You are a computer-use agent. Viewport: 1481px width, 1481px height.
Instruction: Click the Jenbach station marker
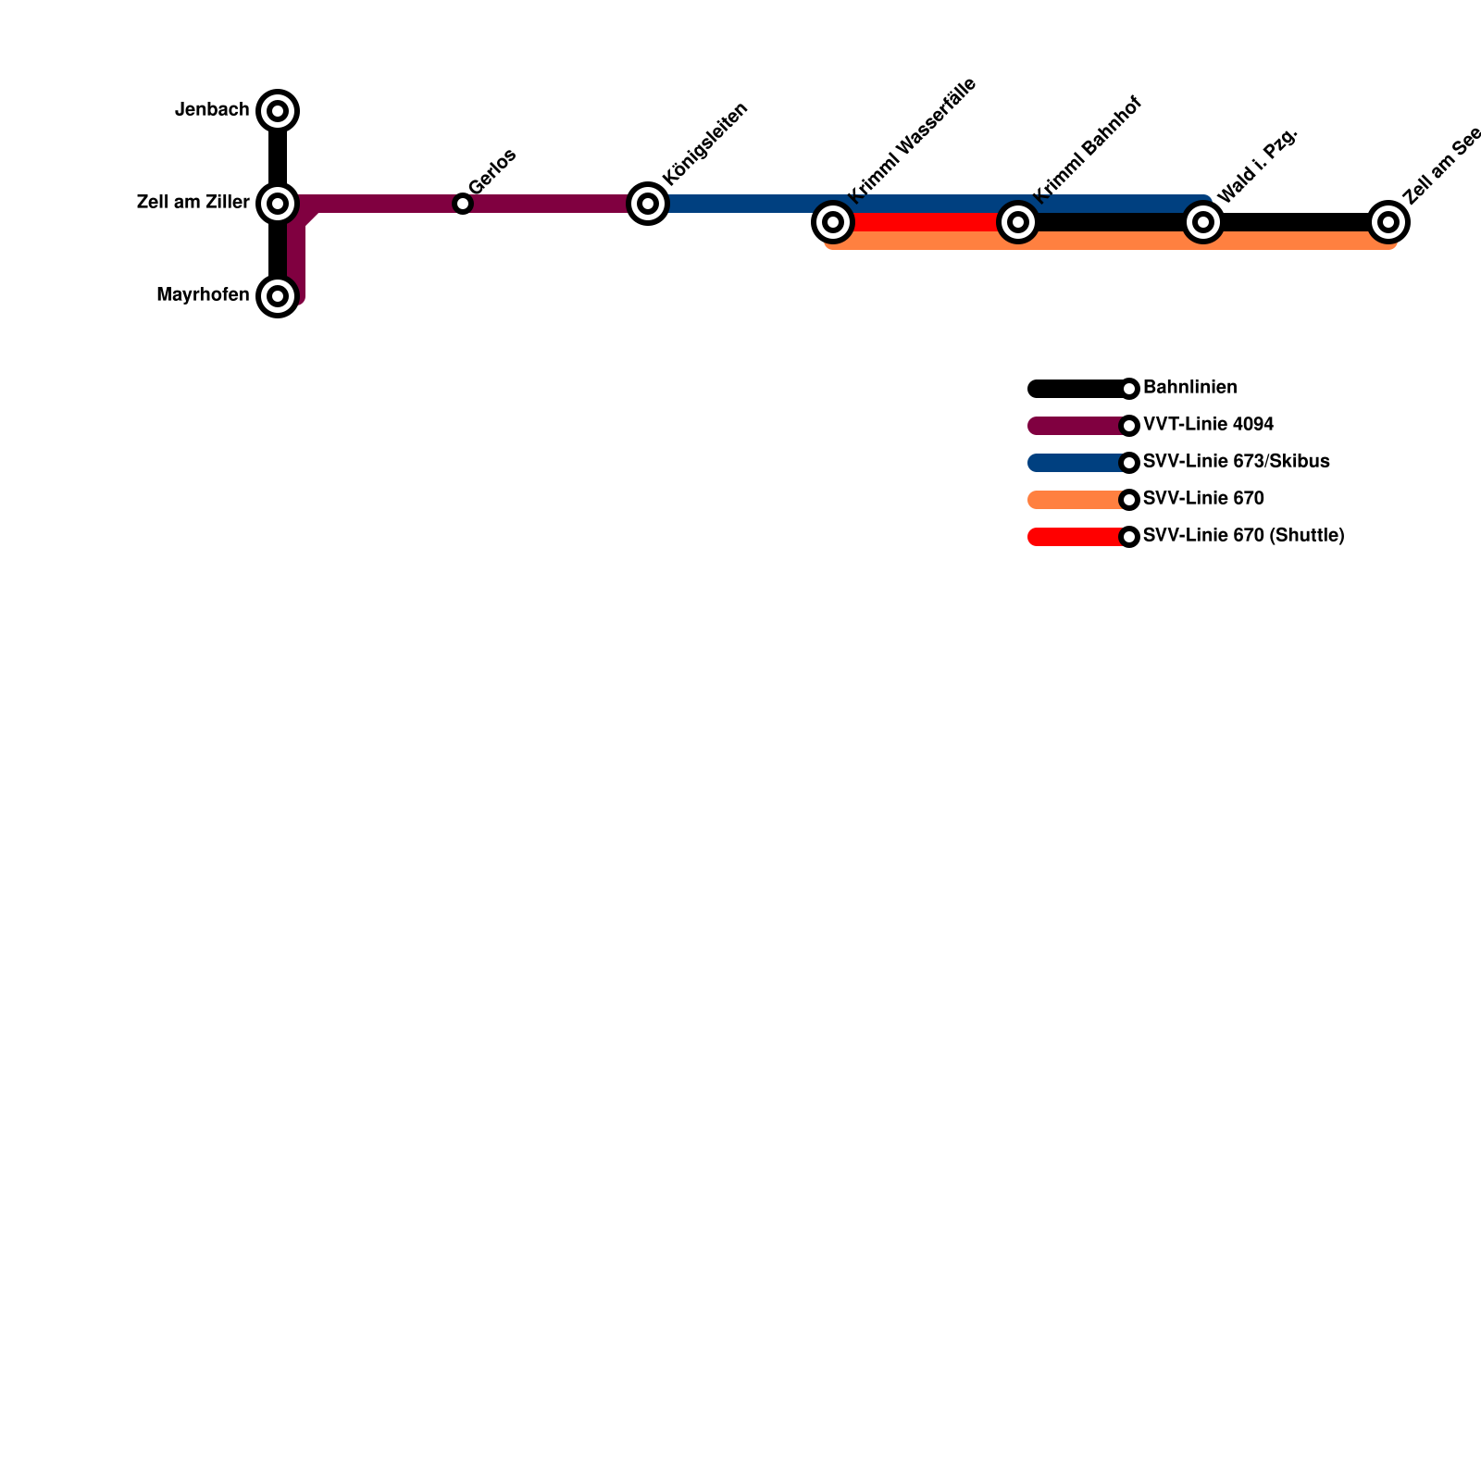click(x=278, y=111)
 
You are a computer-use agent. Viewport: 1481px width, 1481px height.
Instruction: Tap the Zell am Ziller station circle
click(x=278, y=203)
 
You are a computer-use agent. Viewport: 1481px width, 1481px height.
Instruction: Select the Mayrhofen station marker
click(x=278, y=296)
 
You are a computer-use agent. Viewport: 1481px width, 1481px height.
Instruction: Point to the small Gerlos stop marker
click(x=463, y=204)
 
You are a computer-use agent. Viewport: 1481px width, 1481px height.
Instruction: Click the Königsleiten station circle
click(x=648, y=203)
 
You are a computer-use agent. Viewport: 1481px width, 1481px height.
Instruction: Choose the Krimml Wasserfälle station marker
click(x=833, y=222)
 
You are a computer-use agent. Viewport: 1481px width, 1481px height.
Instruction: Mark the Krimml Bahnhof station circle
click(x=1018, y=222)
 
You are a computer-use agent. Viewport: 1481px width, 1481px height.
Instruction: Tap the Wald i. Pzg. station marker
click(x=1203, y=222)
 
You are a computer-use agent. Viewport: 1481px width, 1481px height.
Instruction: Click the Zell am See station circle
click(x=1388, y=222)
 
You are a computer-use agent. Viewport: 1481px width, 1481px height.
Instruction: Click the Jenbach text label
click(x=212, y=110)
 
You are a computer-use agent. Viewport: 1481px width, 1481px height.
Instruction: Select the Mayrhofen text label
click(x=203, y=295)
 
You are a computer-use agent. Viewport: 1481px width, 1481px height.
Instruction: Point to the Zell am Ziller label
click(x=193, y=202)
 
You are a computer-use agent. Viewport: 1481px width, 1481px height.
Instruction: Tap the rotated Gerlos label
click(x=492, y=171)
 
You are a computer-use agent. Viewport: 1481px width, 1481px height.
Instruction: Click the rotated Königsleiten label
click(x=705, y=144)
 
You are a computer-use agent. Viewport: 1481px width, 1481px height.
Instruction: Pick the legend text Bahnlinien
click(x=1189, y=388)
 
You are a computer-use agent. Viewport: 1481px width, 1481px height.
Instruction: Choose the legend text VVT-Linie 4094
click(x=1208, y=425)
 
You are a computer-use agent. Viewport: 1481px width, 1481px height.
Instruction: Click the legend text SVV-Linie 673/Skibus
click(x=1236, y=462)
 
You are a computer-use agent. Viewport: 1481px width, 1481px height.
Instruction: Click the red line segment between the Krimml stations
click(x=926, y=222)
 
